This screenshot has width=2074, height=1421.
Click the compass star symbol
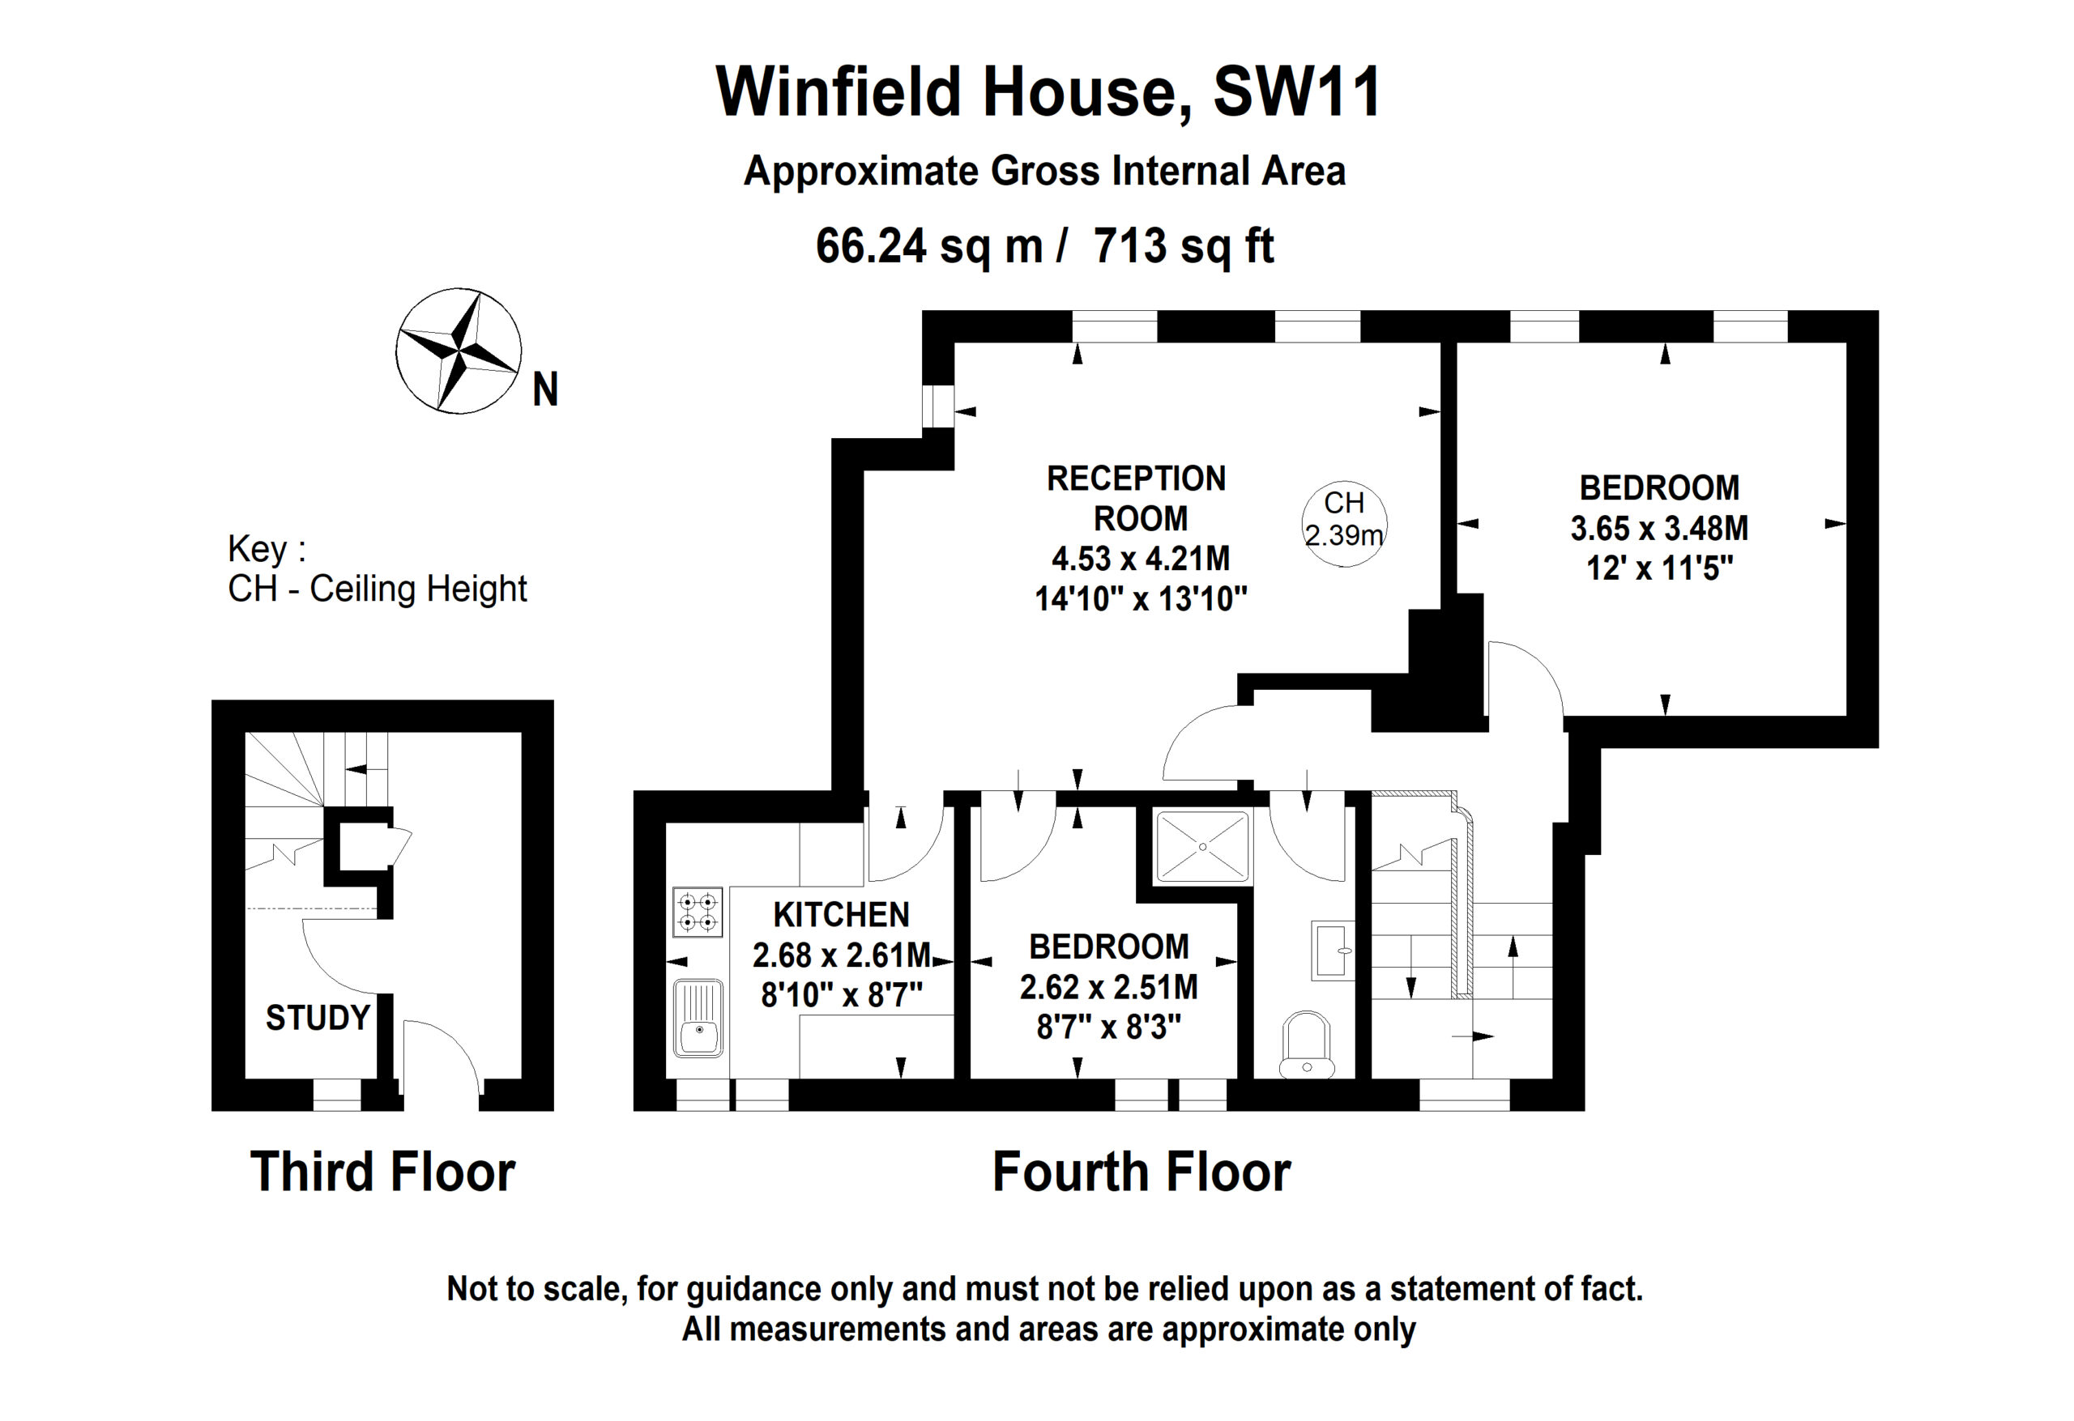tap(459, 351)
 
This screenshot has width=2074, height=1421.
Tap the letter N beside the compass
tap(545, 389)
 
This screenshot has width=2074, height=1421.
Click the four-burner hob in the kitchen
tap(698, 912)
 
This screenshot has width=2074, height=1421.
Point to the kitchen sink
tap(699, 1019)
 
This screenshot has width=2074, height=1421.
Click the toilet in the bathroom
tap(1307, 1044)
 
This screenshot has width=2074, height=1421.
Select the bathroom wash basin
tap(1334, 951)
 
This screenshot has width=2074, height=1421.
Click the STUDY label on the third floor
tap(318, 1018)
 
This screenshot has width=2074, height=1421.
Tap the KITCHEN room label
tap(842, 914)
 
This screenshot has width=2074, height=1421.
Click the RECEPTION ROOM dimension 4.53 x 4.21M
tap(1141, 559)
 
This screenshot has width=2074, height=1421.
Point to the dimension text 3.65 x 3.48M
tap(1659, 528)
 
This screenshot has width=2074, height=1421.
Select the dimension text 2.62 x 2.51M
tap(1108, 986)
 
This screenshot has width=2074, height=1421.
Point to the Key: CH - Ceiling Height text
tap(378, 569)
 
